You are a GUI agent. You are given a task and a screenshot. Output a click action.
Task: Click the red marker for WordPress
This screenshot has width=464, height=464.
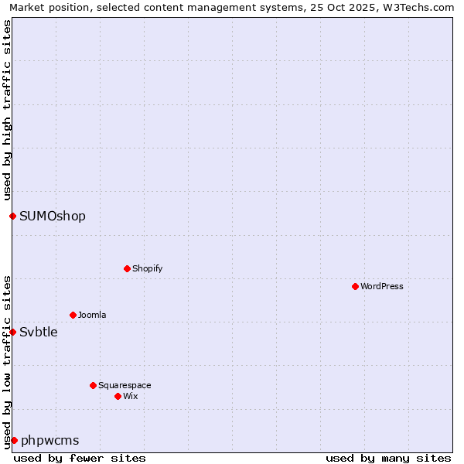pyautogui.click(x=355, y=286)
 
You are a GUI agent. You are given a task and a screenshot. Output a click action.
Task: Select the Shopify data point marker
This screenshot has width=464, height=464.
pyautogui.click(x=127, y=268)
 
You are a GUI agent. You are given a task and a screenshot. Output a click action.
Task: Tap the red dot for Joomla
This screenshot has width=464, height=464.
pyautogui.click(x=73, y=315)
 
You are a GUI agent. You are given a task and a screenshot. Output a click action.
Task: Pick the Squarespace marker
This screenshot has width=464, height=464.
pyautogui.click(x=93, y=385)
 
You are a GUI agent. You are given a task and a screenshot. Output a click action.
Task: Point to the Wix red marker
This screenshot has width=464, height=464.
pyautogui.click(x=118, y=396)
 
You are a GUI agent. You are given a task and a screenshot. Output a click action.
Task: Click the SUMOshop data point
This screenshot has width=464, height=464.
pyautogui.click(x=12, y=216)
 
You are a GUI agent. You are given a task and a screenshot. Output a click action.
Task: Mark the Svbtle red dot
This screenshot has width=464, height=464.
pyautogui.click(x=12, y=332)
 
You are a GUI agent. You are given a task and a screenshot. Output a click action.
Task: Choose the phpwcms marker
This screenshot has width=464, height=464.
pyautogui.click(x=14, y=440)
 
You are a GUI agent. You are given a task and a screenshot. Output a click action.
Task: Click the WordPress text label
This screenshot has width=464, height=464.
pyautogui.click(x=382, y=286)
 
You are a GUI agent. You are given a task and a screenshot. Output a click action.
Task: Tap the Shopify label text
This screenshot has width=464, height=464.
pyautogui.click(x=148, y=268)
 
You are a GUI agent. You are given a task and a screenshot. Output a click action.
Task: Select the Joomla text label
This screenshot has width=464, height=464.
pyautogui.click(x=92, y=315)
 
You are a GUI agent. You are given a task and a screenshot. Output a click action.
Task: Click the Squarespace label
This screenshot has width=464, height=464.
pyautogui.click(x=125, y=385)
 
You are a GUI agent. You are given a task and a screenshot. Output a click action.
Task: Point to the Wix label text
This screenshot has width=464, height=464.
pyautogui.click(x=131, y=396)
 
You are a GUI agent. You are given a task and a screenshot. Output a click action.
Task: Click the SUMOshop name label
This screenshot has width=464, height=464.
pyautogui.click(x=53, y=216)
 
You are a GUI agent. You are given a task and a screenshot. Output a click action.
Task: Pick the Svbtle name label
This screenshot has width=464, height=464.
pyautogui.click(x=39, y=332)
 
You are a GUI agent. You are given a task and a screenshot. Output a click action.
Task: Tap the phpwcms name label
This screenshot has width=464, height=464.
pyautogui.click(x=50, y=440)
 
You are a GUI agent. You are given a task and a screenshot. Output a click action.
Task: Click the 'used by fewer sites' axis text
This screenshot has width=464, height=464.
pyautogui.click(x=80, y=458)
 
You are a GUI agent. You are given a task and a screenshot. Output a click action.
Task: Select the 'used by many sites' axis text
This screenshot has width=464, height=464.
pyautogui.click(x=388, y=458)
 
